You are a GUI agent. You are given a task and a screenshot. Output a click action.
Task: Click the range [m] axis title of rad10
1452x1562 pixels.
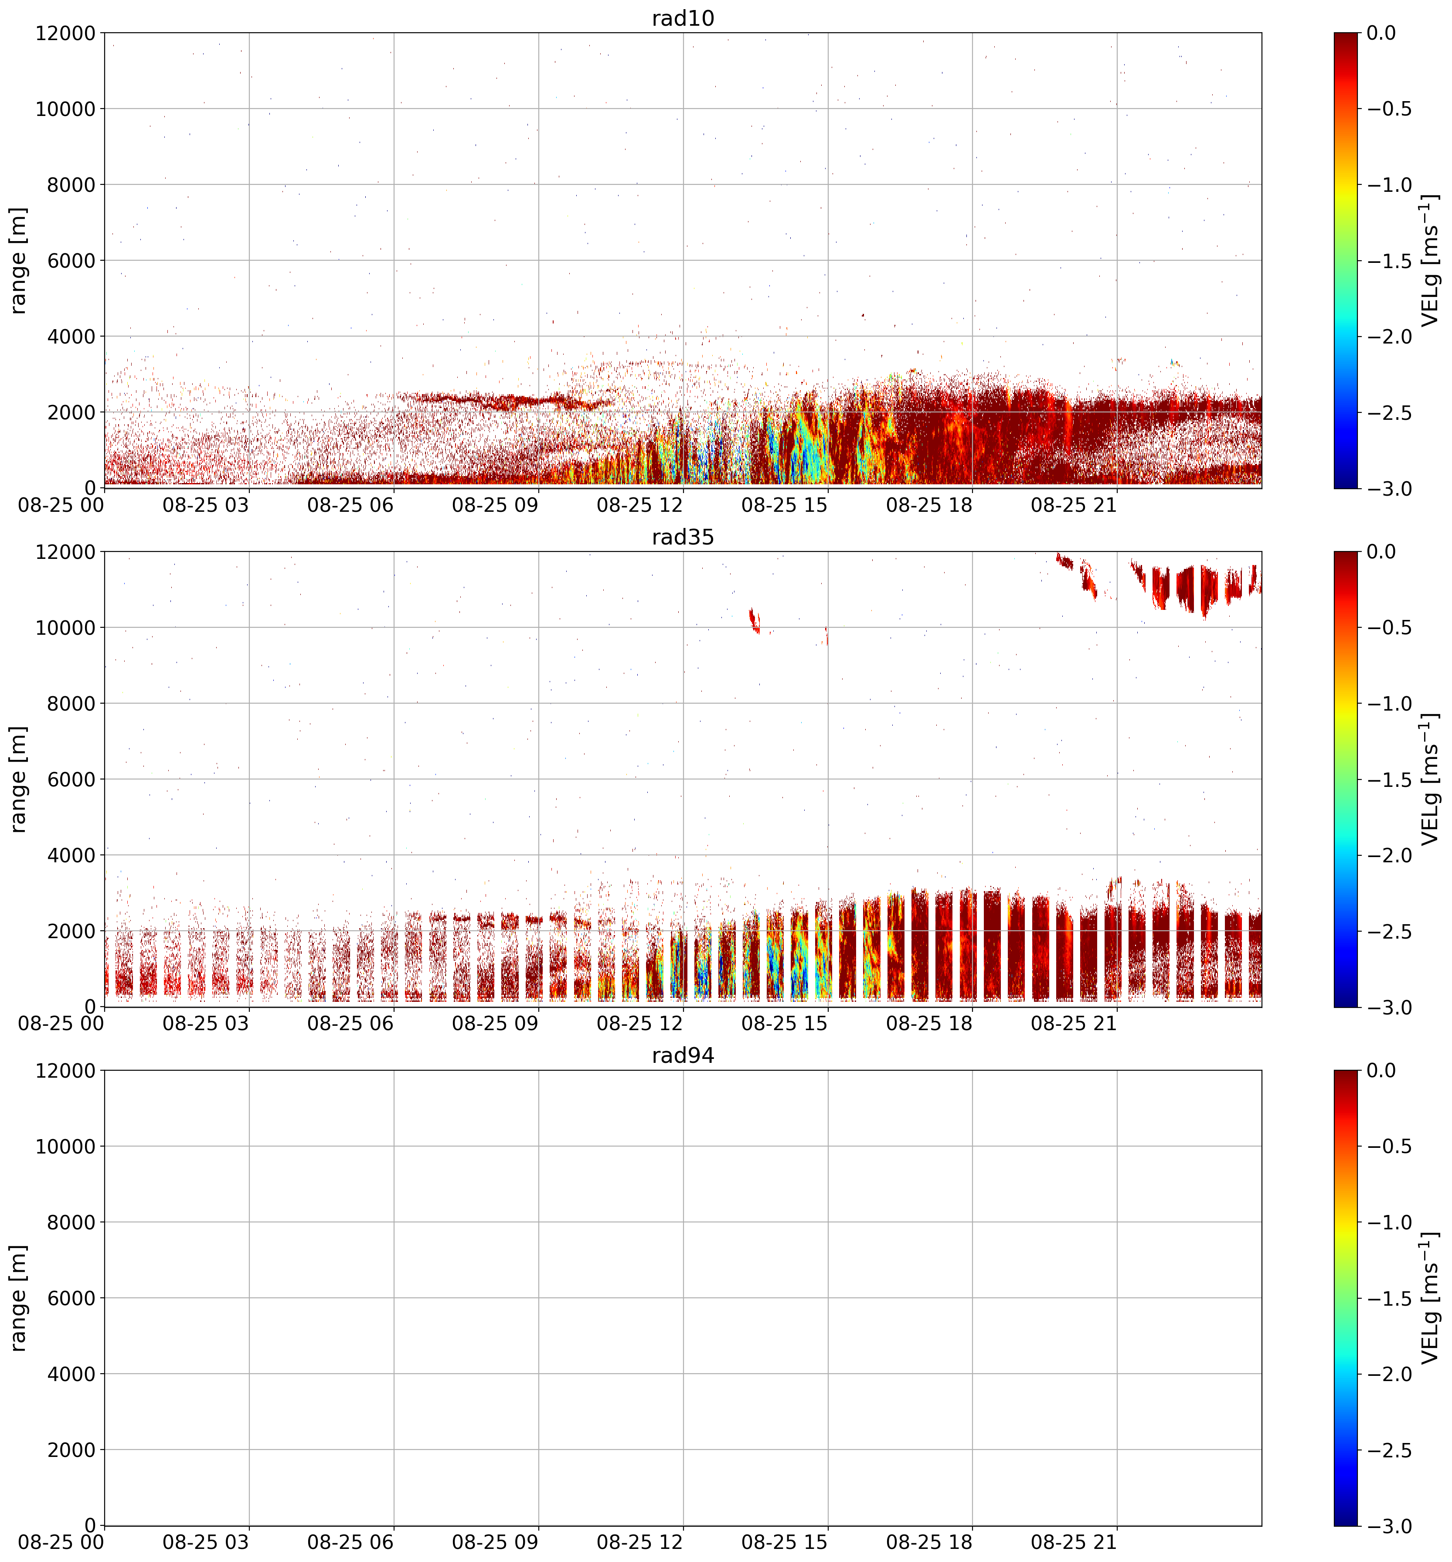point(18,260)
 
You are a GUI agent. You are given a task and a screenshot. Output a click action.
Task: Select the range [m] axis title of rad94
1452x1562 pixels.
point(18,1297)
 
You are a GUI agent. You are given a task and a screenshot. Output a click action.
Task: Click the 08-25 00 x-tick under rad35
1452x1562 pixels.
point(61,1023)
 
